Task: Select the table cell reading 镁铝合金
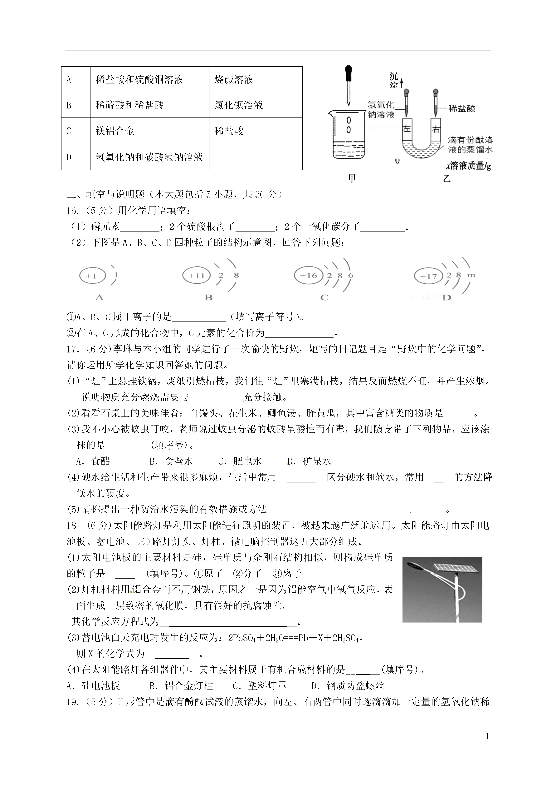point(115,131)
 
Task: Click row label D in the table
point(69,157)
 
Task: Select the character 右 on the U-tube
point(436,130)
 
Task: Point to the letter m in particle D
point(471,275)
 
